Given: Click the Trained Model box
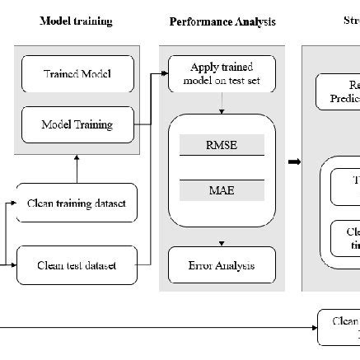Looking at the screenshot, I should coord(77,75).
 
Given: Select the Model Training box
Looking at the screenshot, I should coord(77,124).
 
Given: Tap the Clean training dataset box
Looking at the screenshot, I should coord(77,203).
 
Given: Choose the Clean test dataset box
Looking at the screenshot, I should coord(77,264).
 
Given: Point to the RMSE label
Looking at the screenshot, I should coord(221,144).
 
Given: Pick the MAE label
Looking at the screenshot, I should coord(221,190).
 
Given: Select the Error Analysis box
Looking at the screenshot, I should coord(221,264).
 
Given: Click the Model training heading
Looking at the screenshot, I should coord(76,21).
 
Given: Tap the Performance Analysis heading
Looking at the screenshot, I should coord(222,21).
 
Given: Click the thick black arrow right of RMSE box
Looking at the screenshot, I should coord(294,161).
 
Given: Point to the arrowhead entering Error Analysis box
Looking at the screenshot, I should coord(221,244).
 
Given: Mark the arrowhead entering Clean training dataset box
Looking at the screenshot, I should coord(14,203).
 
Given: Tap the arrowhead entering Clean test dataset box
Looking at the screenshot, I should coord(14,264).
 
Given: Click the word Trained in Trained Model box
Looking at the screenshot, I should coord(61,75).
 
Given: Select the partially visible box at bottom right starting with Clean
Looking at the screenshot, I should coord(339,327).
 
